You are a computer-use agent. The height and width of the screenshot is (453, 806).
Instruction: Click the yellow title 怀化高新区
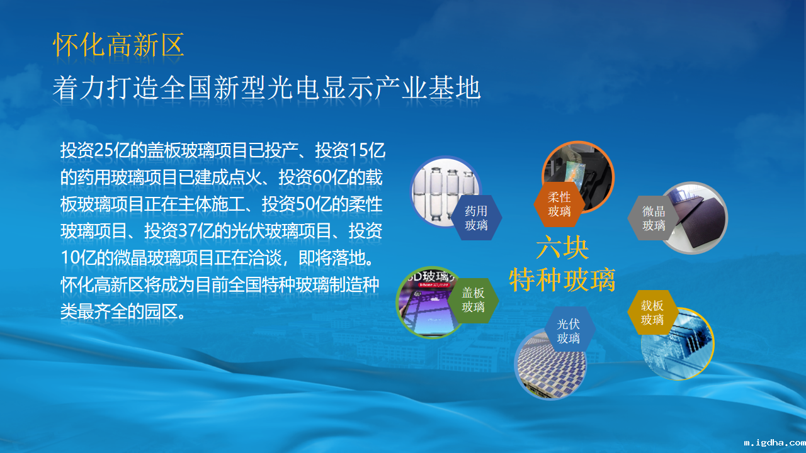click(x=119, y=45)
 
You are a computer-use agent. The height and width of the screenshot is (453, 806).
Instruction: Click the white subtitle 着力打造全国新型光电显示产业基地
click(x=266, y=87)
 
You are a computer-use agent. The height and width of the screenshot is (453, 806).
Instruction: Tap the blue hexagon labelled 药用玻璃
click(x=476, y=218)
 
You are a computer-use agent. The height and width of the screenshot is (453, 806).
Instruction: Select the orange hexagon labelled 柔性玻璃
click(x=559, y=204)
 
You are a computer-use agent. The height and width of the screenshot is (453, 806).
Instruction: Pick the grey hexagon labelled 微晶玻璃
click(x=654, y=218)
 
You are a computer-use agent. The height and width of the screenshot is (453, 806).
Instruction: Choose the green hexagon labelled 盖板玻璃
click(x=473, y=300)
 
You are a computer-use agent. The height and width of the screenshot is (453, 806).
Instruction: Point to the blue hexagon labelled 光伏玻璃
click(x=569, y=331)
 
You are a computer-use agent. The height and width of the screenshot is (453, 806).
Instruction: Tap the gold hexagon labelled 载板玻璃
click(x=652, y=313)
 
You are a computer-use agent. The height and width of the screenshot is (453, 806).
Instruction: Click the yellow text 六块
click(x=562, y=247)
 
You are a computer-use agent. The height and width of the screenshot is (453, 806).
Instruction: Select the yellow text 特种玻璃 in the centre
click(x=562, y=279)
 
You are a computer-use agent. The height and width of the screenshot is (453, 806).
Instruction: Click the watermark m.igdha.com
click(x=775, y=442)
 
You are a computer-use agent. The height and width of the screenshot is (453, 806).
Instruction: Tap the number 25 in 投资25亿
click(x=103, y=150)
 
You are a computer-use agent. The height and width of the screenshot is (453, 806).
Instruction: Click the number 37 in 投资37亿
click(x=186, y=231)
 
